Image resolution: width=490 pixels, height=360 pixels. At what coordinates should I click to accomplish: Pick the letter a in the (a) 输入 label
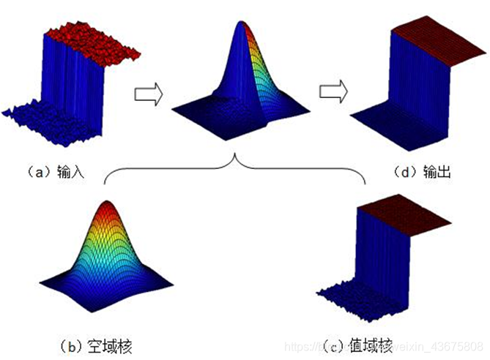click(x=34, y=173)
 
